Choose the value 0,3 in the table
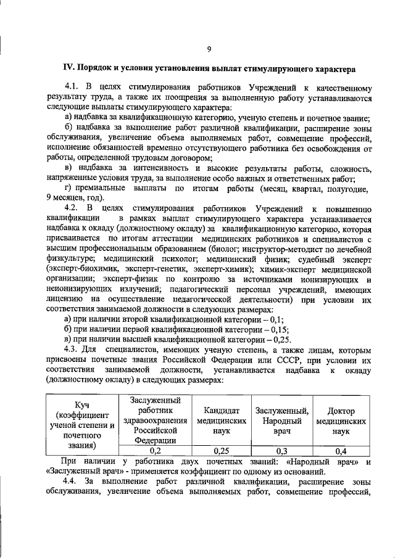[277, 451]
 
